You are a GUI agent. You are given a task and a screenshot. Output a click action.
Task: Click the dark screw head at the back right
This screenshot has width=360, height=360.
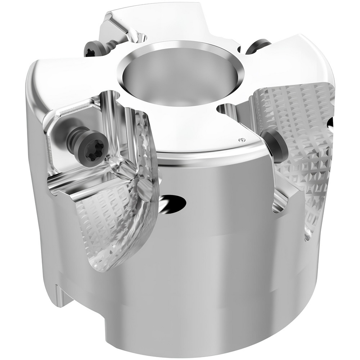click(257, 46)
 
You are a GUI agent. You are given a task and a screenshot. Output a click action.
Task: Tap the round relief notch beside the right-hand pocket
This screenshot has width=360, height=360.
click(224, 108)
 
